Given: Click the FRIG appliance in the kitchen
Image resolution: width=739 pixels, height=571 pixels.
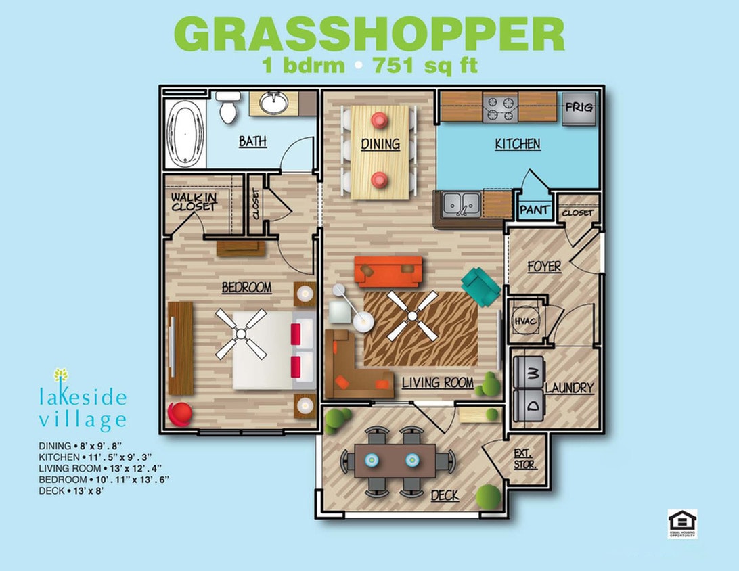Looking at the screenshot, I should pos(579,108).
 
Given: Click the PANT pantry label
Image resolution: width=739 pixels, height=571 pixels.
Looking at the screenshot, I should pos(534,210).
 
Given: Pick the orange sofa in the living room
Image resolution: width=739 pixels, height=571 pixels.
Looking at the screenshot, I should pos(388,271).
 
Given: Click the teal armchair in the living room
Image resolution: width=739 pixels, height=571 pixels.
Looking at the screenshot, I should pos(481,285).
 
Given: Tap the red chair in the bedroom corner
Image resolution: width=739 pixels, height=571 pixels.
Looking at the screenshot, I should pos(179,413).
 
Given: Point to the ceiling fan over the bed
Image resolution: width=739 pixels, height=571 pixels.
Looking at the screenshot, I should pos(241,334).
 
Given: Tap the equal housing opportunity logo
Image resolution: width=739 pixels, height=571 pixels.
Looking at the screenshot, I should pos(681,524).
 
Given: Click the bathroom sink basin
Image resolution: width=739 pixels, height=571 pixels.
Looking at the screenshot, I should pos(275,103).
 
